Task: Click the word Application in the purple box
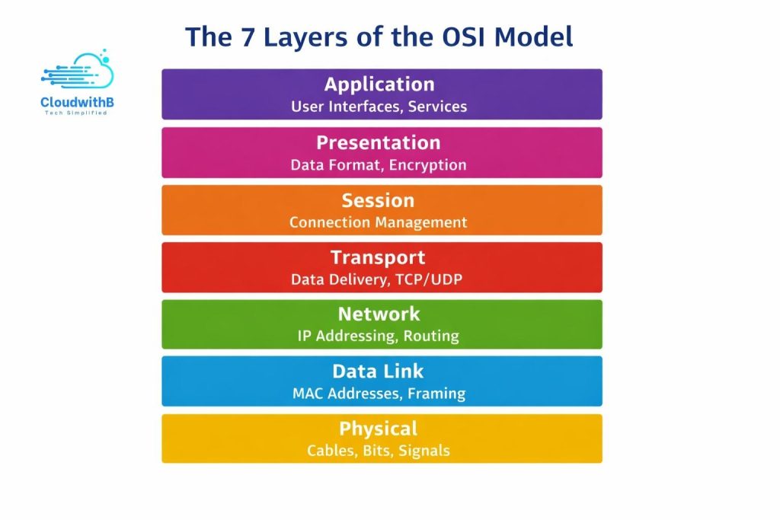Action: [x=379, y=85]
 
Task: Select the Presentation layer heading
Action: [x=379, y=143]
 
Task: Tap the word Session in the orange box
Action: [x=379, y=201]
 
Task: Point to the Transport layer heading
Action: [x=379, y=258]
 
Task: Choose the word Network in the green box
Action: [x=379, y=314]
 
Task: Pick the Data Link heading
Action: [x=379, y=372]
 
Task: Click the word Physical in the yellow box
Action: [x=379, y=429]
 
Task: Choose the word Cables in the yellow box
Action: [x=331, y=451]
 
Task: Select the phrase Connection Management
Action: [x=379, y=222]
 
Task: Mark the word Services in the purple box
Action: [x=437, y=107]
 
